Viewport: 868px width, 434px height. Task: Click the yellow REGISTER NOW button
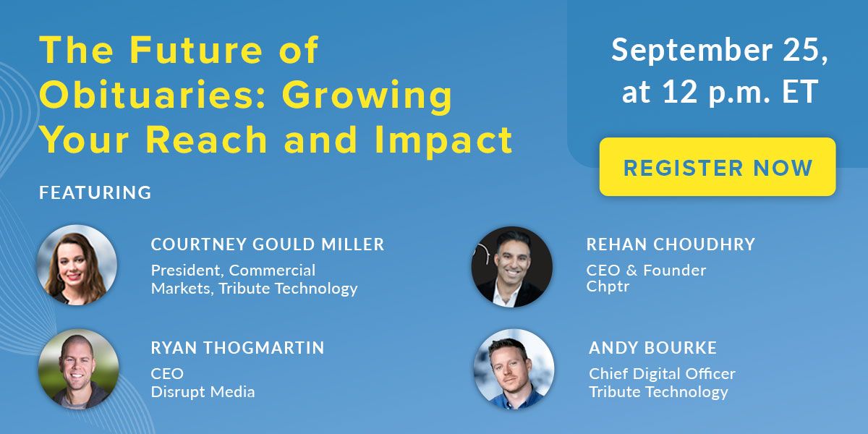pos(718,166)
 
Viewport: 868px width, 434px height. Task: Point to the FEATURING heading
pos(95,192)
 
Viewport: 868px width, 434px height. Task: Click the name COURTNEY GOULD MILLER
pos(268,244)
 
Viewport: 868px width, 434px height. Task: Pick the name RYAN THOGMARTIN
pos(237,348)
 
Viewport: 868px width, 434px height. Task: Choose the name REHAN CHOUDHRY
pos(671,244)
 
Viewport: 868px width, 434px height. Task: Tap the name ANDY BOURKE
pos(652,348)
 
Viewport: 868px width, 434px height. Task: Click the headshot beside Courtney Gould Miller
pos(77,265)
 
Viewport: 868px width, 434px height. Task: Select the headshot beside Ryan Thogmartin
pos(78,369)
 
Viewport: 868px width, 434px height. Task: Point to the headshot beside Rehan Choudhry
pos(512,267)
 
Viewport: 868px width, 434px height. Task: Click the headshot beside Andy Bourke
pos(514,369)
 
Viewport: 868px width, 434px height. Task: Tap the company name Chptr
pos(608,287)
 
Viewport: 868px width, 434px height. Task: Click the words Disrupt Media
pos(203,392)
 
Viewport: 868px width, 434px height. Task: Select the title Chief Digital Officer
pos(662,374)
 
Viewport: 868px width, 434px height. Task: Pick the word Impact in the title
pos(443,140)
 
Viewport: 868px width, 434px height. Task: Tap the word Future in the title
pos(196,50)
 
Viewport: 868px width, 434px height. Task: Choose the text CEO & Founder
pos(646,271)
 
